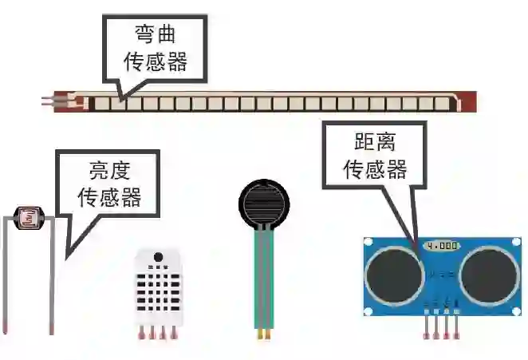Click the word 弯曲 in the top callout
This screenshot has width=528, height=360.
tap(155, 36)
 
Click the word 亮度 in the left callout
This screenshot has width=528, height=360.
tap(109, 171)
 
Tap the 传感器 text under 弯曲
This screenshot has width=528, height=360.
tap(155, 61)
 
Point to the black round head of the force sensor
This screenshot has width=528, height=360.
tap(264, 203)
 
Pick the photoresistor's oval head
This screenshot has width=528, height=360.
tap(30, 216)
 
